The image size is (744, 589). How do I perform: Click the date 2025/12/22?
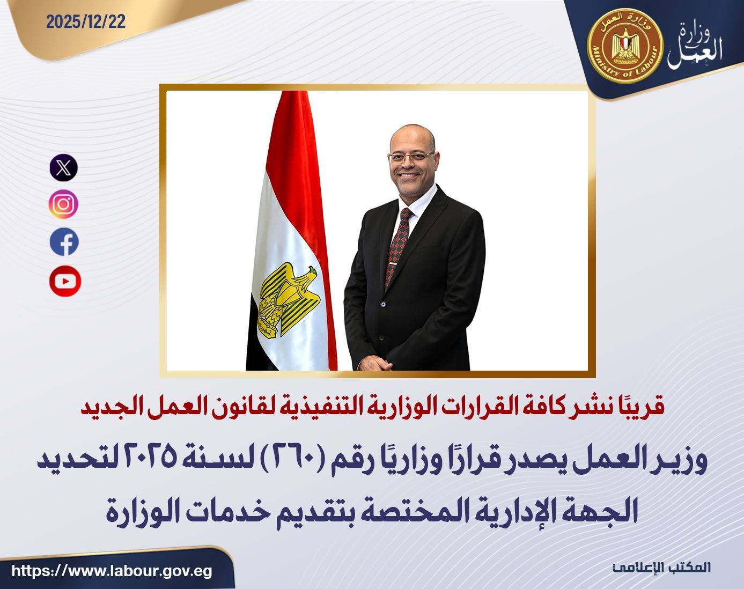pos(86,22)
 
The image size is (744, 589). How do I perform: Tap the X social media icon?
pos(64,167)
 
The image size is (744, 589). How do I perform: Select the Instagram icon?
pos(64,204)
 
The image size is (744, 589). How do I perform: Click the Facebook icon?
pos(64,242)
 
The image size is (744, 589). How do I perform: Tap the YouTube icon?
pos(65,281)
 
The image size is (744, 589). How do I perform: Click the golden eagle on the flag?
pos(288,299)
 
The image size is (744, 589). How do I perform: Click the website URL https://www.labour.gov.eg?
pos(112,571)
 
